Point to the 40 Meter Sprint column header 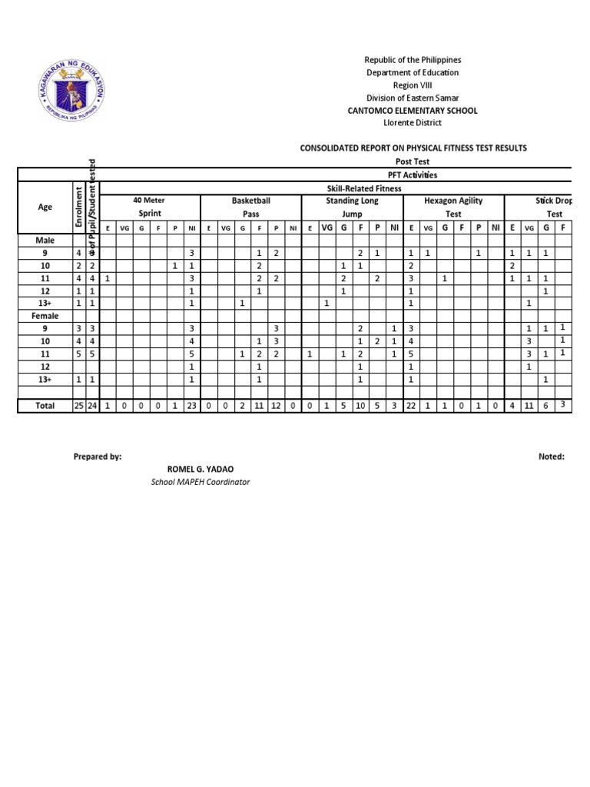150,207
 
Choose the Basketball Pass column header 251,207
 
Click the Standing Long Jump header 352,207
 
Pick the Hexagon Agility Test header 453,207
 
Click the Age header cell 45,207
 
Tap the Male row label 45,241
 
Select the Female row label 45,316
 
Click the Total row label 45,406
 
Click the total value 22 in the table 411,406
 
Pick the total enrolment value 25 78,406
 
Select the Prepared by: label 98,457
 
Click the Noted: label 552,457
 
